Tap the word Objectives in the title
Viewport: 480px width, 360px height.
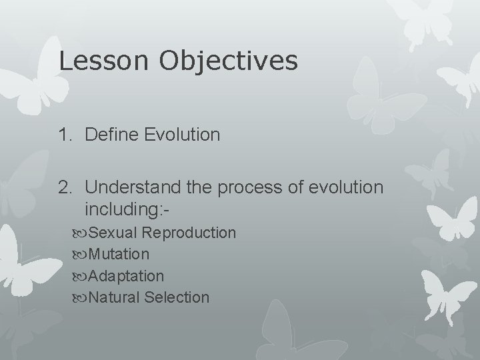pos(227,62)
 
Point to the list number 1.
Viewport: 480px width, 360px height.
pos(65,135)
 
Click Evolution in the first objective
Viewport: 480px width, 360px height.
pos(182,135)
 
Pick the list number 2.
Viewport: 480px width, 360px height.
pos(65,189)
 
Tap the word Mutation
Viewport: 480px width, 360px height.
pos(119,254)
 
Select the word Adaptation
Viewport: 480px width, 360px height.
pos(126,275)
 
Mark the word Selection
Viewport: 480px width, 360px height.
pos(175,297)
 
